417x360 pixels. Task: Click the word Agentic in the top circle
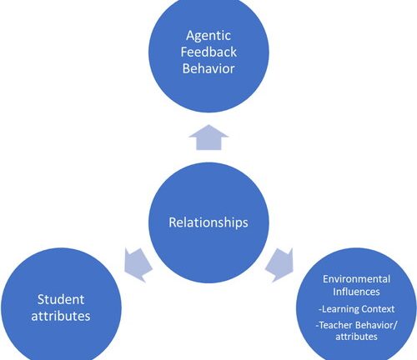pos(208,37)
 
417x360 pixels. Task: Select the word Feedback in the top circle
pos(208,52)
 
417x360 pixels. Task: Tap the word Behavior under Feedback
pos(208,68)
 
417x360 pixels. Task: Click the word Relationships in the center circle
pos(208,222)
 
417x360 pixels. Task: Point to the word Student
pos(61,299)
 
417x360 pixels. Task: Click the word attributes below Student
pos(61,316)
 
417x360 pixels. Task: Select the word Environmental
pos(356,279)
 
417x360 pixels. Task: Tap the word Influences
pos(356,292)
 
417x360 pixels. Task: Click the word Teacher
pos(336,325)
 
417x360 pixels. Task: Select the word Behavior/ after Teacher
pos(376,325)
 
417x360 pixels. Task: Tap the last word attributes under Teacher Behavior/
pos(356,337)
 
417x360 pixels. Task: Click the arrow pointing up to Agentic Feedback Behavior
pos(208,137)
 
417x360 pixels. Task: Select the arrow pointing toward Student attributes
pos(138,265)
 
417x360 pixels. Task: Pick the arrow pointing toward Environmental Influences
pos(280,265)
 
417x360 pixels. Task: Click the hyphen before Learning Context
pos(320,309)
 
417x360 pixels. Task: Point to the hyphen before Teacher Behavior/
pos(317,326)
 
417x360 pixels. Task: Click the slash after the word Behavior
pos(396,325)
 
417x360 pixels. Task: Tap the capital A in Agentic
pos(190,35)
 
